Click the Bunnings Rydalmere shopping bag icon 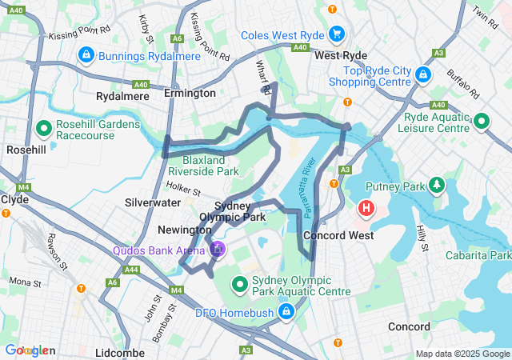tap(86, 55)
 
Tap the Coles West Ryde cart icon tap(337, 34)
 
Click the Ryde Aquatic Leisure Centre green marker tap(481, 122)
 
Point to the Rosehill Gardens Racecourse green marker tap(43, 127)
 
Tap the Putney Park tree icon tap(437, 186)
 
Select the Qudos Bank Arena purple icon tap(216, 250)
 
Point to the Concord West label tap(338, 235)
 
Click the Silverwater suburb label tap(152, 203)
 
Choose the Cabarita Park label tap(479, 255)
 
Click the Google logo tap(29, 350)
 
